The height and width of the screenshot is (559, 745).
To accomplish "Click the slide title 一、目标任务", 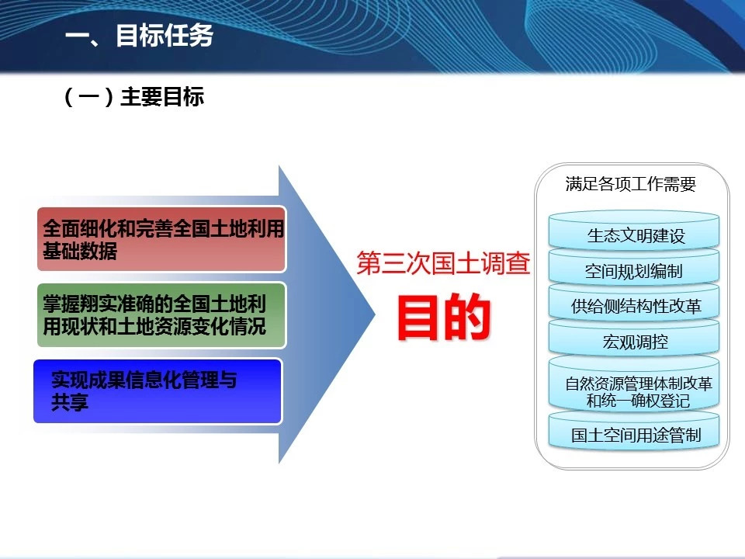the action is tap(139, 36).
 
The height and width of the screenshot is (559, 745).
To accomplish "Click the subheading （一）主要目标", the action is tap(133, 97).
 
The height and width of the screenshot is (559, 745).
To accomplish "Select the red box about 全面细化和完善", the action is tap(161, 239).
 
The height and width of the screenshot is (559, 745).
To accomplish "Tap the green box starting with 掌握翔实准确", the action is tap(161, 315).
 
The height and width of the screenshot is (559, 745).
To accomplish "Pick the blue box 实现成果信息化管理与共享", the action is tap(158, 391).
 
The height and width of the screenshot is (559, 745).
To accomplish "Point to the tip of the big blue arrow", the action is tap(376, 314).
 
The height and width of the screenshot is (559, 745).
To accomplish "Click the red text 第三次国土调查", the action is tap(443, 263).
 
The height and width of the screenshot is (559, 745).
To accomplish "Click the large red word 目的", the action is tap(444, 317).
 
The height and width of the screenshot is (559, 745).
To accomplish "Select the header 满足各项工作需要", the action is tap(630, 184).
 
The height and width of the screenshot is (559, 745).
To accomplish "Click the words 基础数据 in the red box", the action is tap(80, 251).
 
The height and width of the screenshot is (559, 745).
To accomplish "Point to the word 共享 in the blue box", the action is tap(70, 403).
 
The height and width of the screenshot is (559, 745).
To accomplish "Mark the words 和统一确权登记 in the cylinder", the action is tap(638, 401).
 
